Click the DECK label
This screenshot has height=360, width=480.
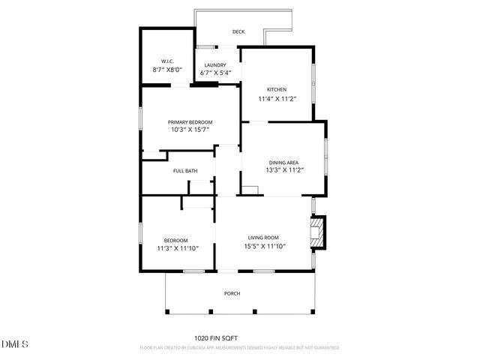pyautogui.click(x=238, y=31)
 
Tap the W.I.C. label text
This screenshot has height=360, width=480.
pyautogui.click(x=167, y=61)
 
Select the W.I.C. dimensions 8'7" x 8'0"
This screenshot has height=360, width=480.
pyautogui.click(x=167, y=69)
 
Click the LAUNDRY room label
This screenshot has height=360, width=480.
pyautogui.click(x=215, y=65)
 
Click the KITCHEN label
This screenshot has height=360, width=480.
pyautogui.click(x=277, y=89)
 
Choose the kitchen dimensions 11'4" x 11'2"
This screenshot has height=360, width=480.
pyautogui.click(x=277, y=98)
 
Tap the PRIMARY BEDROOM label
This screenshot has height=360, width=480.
pyautogui.click(x=190, y=122)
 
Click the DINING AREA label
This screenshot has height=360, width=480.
pyautogui.click(x=284, y=162)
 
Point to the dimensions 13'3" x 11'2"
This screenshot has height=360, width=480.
pyautogui.click(x=284, y=170)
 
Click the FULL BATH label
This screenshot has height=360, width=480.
pyautogui.click(x=185, y=171)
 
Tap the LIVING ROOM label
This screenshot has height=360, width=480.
pyautogui.click(x=263, y=238)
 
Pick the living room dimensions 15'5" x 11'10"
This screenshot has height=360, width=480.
pyautogui.click(x=265, y=247)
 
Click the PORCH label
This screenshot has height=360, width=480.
pyautogui.click(x=232, y=293)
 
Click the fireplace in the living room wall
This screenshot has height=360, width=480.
pyautogui.click(x=319, y=232)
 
